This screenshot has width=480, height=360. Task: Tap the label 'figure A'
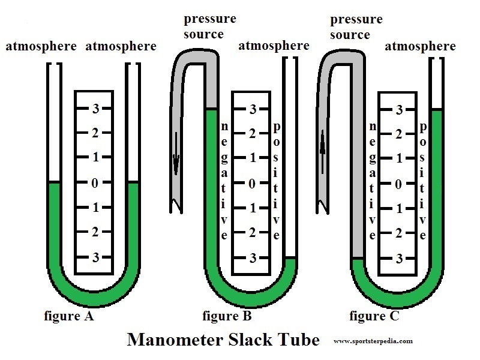69,315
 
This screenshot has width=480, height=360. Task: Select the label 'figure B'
227,315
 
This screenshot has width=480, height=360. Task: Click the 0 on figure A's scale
94,183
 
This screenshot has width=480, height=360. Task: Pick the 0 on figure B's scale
253,183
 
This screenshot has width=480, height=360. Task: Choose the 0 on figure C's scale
398,184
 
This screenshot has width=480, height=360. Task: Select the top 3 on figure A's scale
94,109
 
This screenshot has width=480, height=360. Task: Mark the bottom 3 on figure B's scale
253,258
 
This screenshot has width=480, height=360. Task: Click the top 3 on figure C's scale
398,110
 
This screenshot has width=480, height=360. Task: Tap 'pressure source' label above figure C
356,27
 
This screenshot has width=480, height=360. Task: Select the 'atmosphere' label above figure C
420,46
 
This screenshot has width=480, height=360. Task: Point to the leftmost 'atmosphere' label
41,46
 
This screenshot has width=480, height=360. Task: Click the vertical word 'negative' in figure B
224,180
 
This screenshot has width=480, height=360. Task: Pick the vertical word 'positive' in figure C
424,180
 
